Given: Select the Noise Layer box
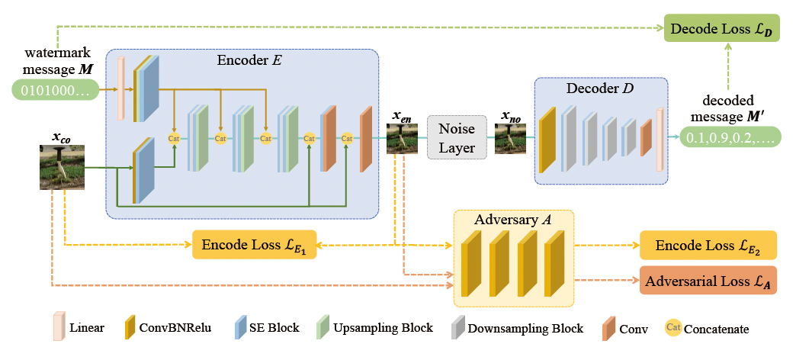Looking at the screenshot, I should pyautogui.click(x=457, y=137).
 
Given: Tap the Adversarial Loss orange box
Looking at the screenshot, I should pyautogui.click(x=708, y=281).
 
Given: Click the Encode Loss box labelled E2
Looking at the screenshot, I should pyautogui.click(x=708, y=246).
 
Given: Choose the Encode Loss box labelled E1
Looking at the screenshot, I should pyautogui.click(x=254, y=246).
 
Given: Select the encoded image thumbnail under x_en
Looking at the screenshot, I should pyautogui.click(x=402, y=139).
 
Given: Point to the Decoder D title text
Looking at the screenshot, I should pyautogui.click(x=601, y=88).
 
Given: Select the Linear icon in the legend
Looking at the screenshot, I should pyautogui.click(x=57, y=327).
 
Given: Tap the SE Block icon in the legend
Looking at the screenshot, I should pyautogui.click(x=242, y=327).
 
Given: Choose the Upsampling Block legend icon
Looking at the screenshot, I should pyautogui.click(x=323, y=327).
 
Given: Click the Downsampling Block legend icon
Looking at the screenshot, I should pyautogui.click(x=461, y=327).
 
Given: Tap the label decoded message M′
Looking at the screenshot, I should pyautogui.click(x=728, y=108).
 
